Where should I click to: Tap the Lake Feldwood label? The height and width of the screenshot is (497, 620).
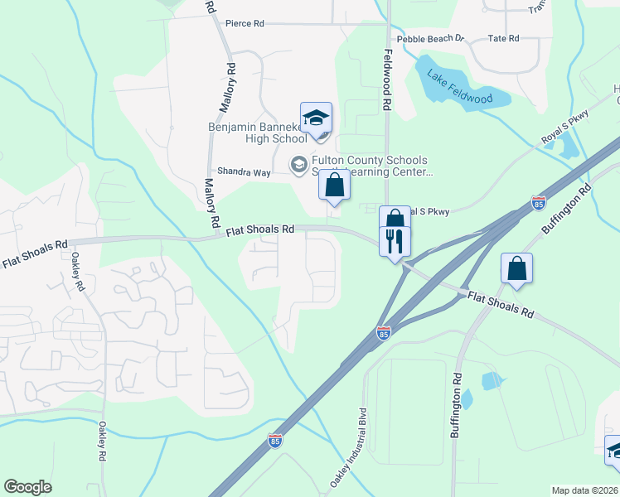point(459,87)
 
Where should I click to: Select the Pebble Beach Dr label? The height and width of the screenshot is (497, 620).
point(431,39)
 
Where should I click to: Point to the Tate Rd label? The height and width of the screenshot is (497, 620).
point(503,39)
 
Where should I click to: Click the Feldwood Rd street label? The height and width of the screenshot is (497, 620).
point(386,80)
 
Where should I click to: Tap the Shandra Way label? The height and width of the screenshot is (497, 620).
point(245,171)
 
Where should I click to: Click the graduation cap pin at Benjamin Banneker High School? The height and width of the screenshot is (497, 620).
point(316,118)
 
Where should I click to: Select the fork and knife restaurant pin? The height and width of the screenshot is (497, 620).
point(395,241)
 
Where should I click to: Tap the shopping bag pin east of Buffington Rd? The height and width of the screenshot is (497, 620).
point(516,268)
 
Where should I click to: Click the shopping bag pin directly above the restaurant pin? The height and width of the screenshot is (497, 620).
point(395,220)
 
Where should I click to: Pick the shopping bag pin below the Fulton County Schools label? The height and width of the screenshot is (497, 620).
point(334,185)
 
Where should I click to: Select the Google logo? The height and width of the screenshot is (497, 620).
point(27,487)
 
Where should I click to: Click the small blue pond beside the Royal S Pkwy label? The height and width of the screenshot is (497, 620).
point(568,147)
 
